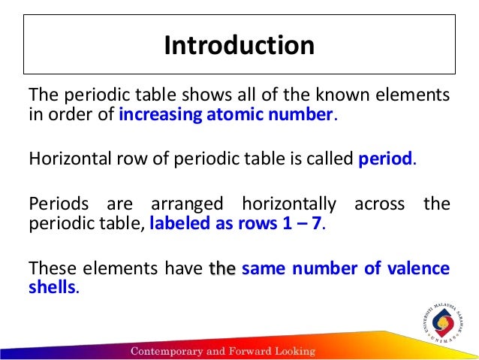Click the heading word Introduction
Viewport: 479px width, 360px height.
point(239,45)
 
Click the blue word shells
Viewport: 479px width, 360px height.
point(52,287)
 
